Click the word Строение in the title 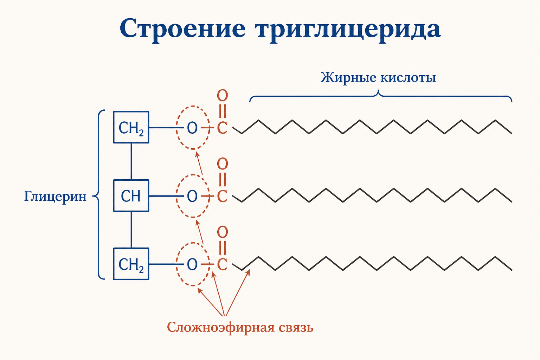[x=182, y=29]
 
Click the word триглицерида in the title [x=349, y=30]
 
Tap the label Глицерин [x=55, y=197]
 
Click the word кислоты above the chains [x=408, y=78]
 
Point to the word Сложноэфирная [x=221, y=328]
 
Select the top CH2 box [x=131, y=127]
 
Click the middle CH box [x=131, y=195]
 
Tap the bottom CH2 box [x=131, y=264]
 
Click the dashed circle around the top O [x=176, y=127]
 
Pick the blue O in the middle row [x=192, y=196]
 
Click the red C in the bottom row [x=222, y=264]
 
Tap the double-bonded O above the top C [x=222, y=96]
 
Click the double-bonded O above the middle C [x=222, y=164]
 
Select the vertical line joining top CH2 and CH [x=131, y=161]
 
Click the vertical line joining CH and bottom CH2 [x=131, y=230]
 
